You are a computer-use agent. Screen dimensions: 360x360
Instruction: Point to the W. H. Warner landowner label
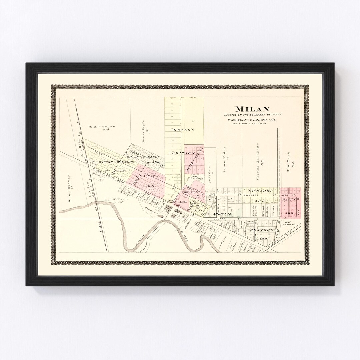pos(102,127)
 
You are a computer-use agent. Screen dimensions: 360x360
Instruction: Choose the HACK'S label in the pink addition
pos(289,199)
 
